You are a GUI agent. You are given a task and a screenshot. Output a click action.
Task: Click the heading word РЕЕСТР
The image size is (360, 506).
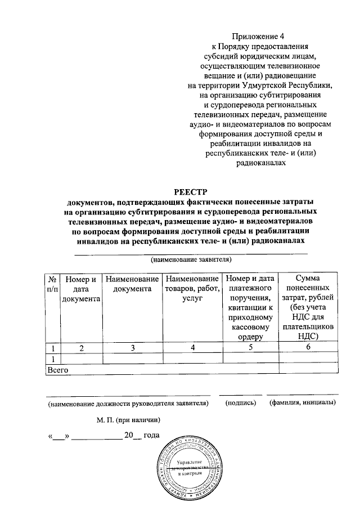[191, 192]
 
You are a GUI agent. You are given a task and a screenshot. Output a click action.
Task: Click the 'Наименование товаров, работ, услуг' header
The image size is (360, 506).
[192, 289]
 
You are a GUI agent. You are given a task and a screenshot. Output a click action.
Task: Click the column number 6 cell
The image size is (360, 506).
[308, 348]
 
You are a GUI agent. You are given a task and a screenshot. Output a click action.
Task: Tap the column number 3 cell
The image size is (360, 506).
[133, 348]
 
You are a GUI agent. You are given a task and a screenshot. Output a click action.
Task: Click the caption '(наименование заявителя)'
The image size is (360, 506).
[191, 260]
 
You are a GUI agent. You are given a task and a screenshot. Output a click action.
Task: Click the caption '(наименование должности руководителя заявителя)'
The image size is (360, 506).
[128, 403]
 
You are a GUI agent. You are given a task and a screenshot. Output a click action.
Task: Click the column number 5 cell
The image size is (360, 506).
[250, 348]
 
